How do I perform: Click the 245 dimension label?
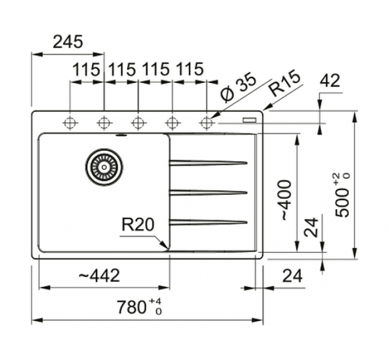(x=68, y=42)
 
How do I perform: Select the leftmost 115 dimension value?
(x=86, y=70)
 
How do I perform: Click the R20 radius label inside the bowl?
(x=138, y=225)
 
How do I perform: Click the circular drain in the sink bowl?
(x=104, y=167)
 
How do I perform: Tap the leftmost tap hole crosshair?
(x=70, y=122)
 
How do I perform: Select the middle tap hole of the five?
(x=138, y=122)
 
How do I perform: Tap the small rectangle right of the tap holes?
(x=249, y=120)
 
